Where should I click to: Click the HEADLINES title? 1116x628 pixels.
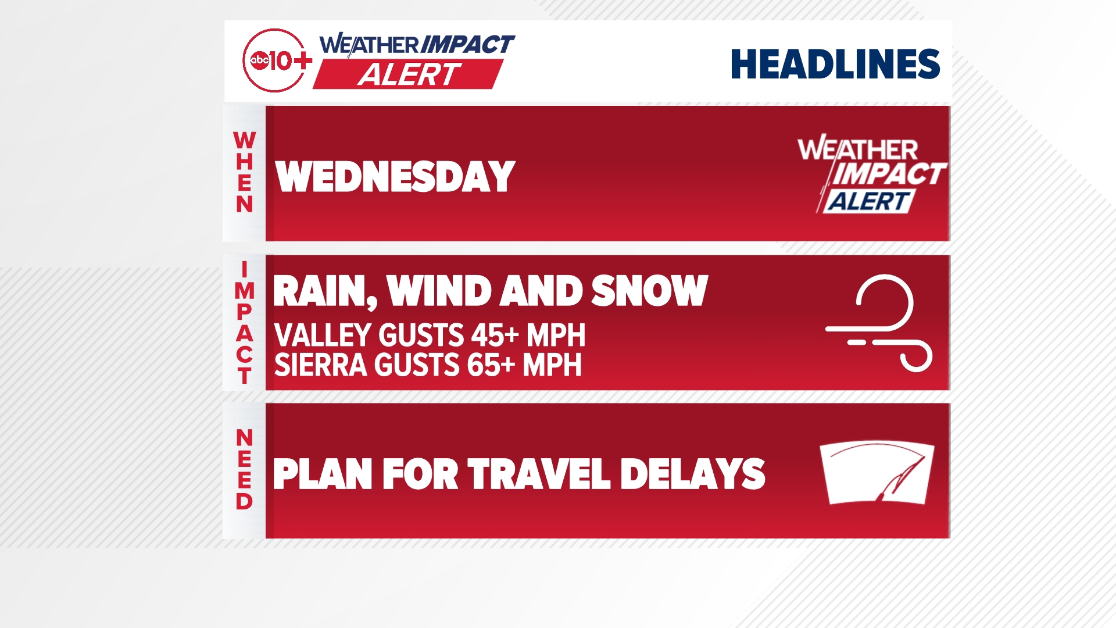(835, 64)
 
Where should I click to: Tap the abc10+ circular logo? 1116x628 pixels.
(276, 60)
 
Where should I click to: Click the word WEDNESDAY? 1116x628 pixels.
(395, 177)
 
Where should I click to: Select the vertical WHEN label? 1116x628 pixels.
(245, 172)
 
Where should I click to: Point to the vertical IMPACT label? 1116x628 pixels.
(245, 323)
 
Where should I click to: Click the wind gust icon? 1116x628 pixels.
(879, 323)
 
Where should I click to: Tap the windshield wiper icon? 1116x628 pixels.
(877, 473)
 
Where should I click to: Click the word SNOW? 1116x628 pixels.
(650, 291)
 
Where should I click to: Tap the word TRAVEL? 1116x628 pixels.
(539, 474)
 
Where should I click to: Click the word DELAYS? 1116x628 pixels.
(693, 474)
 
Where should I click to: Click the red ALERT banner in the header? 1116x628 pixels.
(408, 74)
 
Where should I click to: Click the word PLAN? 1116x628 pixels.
(323, 474)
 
